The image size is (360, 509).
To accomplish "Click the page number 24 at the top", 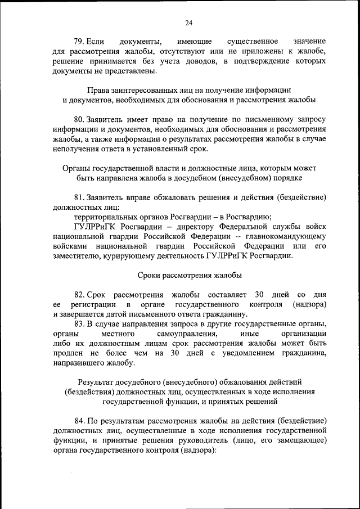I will pyautogui.click(x=188, y=22).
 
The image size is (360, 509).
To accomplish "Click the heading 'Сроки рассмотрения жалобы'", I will pyautogui.click(x=190, y=275).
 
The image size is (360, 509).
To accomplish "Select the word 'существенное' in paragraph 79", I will pyautogui.click(x=249, y=42).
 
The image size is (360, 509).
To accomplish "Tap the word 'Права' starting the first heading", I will pyautogui.click(x=98, y=90).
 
